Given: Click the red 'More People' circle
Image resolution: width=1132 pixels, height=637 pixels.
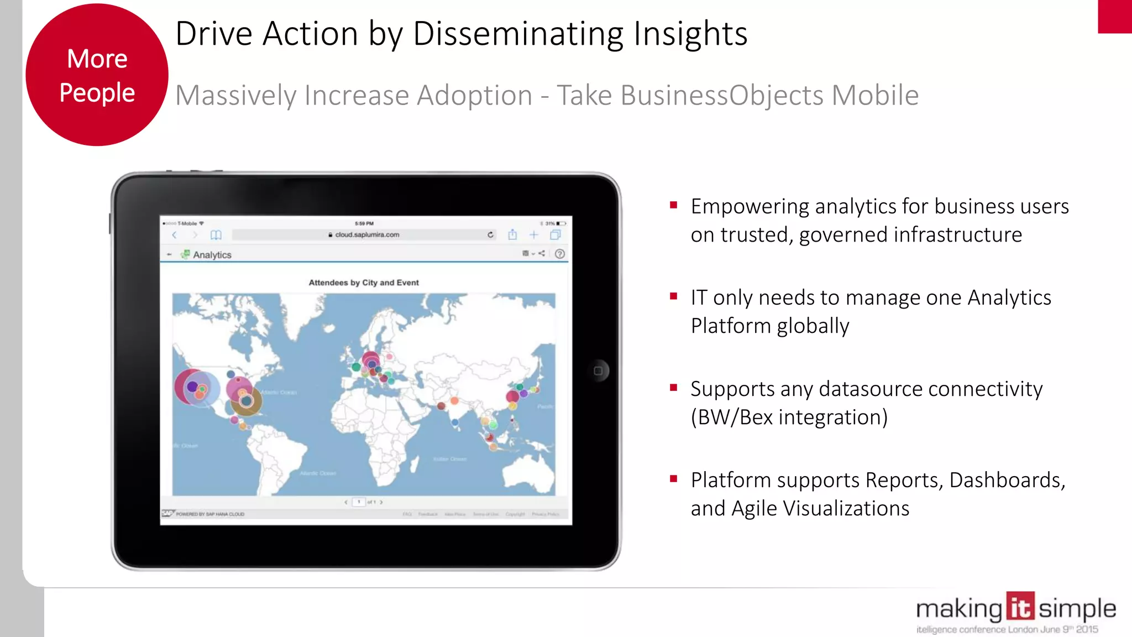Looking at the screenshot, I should (97, 75).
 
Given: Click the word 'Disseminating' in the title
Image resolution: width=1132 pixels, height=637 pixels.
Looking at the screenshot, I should (520, 34).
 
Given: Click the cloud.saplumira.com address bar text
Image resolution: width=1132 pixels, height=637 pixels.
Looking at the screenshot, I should (367, 234).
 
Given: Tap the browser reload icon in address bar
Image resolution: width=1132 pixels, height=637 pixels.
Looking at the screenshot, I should (490, 234).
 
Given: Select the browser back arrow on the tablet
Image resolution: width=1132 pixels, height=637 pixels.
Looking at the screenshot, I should (175, 235).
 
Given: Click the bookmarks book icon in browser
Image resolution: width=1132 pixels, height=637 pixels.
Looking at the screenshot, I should (216, 235).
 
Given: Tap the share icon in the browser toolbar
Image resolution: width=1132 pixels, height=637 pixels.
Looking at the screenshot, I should (512, 234).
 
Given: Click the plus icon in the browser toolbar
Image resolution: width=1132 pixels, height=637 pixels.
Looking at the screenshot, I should (534, 234).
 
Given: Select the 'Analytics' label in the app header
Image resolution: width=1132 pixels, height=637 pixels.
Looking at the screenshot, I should (212, 255).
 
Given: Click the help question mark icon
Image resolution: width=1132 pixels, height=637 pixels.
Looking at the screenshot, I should (559, 254).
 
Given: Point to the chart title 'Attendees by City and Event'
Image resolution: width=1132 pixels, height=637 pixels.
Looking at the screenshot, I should (364, 283).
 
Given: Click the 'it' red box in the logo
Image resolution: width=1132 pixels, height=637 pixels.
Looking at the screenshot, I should (1020, 607).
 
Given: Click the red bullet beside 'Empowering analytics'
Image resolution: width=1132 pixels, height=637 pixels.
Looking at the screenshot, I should (673, 205).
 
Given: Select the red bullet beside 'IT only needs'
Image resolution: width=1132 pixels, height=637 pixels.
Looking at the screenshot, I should (673, 296).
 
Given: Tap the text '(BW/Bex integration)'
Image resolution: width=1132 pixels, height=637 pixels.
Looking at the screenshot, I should (789, 417).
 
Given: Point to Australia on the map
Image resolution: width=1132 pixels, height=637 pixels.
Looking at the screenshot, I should (531, 473).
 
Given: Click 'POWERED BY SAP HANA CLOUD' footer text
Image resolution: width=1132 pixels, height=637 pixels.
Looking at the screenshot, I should (210, 514).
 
